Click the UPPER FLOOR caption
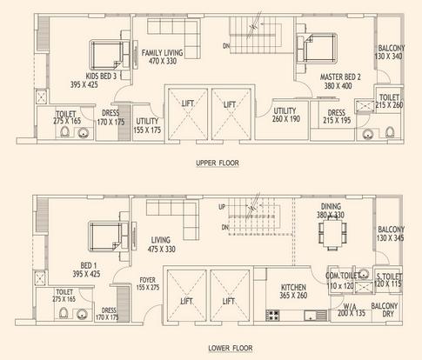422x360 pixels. pos(218,163)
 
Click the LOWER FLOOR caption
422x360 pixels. pos(231,348)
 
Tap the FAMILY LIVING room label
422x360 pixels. pos(162,53)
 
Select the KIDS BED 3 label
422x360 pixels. pos(101,77)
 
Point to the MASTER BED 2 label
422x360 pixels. pos(340,77)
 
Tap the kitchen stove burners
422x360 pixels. pos(272,315)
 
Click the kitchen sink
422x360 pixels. pos(316,315)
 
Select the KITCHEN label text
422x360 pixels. pos(293,287)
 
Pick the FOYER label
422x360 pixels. pos(148,280)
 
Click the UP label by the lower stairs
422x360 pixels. pos(222,207)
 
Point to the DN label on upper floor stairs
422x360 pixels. pos(226,46)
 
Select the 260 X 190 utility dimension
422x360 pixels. pos(286,119)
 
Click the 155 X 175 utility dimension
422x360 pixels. pos(147,130)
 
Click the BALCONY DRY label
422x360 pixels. pos(385,310)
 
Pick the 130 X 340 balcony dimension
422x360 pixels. pos(389,57)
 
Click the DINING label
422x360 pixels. pos(331,207)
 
